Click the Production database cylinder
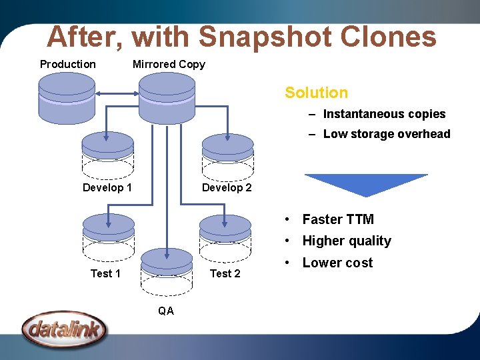click(67, 97)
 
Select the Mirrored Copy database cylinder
click(167, 97)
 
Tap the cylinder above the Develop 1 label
click(107, 153)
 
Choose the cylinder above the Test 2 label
click(225, 236)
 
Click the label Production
click(68, 64)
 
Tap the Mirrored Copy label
click(169, 64)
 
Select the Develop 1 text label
click(107, 187)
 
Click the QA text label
click(166, 310)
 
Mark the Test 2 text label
click(225, 273)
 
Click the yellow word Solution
click(316, 93)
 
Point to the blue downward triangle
click(366, 183)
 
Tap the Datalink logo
click(64, 329)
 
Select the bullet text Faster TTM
click(338, 219)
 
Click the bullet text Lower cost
click(337, 263)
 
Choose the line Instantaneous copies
click(384, 114)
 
